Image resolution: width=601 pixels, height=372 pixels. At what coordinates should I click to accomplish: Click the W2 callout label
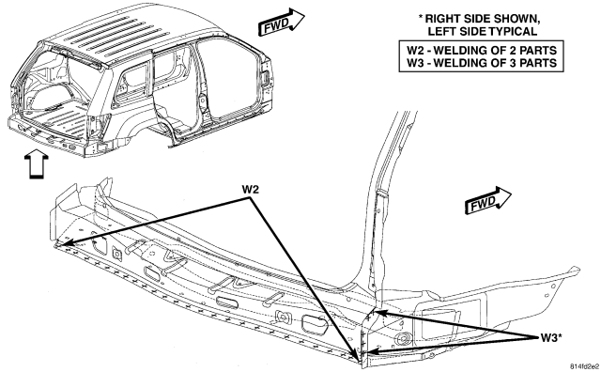tap(250, 190)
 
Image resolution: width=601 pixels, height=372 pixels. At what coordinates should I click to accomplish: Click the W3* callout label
tap(551, 338)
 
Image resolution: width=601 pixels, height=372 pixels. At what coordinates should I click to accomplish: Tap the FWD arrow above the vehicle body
tap(282, 23)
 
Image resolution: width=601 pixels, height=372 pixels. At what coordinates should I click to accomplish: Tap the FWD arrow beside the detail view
tap(488, 201)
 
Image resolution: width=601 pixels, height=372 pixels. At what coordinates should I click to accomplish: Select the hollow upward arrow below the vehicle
tap(37, 165)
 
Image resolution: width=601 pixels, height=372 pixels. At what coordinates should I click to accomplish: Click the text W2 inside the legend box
tap(414, 50)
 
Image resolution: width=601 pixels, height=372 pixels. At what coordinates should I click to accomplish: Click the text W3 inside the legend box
tap(414, 63)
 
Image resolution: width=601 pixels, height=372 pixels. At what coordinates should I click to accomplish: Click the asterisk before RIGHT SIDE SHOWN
tap(421, 17)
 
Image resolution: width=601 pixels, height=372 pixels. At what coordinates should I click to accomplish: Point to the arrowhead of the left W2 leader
tap(61, 244)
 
